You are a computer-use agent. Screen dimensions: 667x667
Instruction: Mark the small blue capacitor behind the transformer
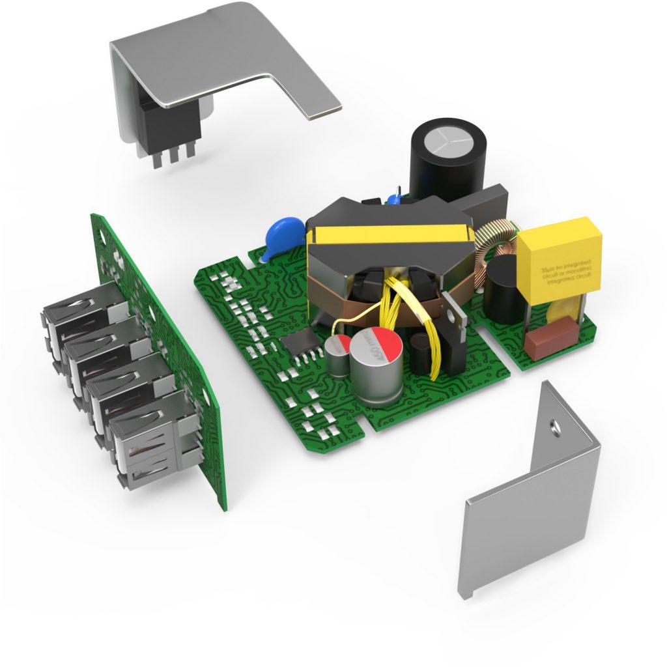[x=395, y=197]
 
